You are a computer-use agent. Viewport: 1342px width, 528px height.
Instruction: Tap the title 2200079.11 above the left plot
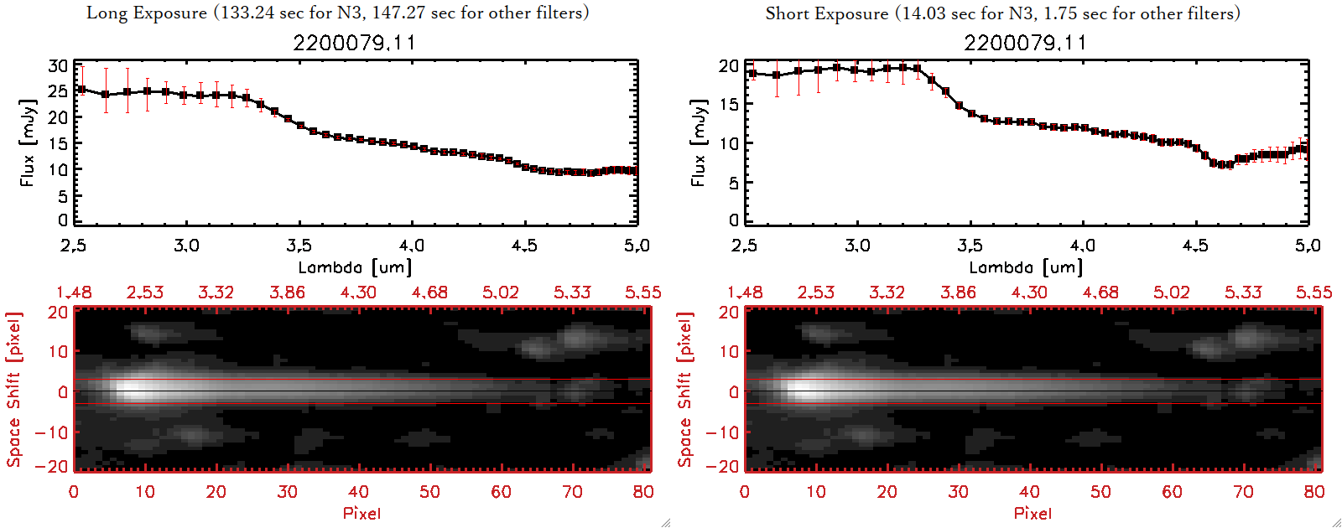(x=354, y=43)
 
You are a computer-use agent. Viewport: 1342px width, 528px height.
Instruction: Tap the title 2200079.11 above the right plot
(x=1025, y=43)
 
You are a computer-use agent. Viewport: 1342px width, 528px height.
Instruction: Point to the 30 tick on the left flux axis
(x=58, y=66)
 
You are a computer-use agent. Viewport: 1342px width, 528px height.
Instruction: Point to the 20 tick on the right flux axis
(x=729, y=66)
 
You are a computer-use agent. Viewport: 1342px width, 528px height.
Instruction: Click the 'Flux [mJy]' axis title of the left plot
(x=28, y=142)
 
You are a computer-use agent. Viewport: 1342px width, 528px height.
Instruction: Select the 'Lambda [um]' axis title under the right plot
(x=1025, y=267)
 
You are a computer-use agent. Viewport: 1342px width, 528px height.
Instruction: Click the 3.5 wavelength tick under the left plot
(x=299, y=246)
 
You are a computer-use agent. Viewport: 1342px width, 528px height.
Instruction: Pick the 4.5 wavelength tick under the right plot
(x=1195, y=246)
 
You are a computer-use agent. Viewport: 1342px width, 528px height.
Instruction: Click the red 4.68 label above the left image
(x=429, y=292)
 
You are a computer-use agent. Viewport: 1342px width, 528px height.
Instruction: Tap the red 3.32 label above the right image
(x=887, y=292)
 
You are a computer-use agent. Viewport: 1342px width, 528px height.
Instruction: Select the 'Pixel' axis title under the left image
(x=362, y=513)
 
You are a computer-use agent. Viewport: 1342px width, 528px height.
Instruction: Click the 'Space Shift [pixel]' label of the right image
(x=685, y=390)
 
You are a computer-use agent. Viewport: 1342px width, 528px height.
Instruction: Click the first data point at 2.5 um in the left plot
(x=81, y=90)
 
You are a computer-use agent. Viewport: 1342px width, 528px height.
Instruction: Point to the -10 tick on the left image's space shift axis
(x=51, y=432)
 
